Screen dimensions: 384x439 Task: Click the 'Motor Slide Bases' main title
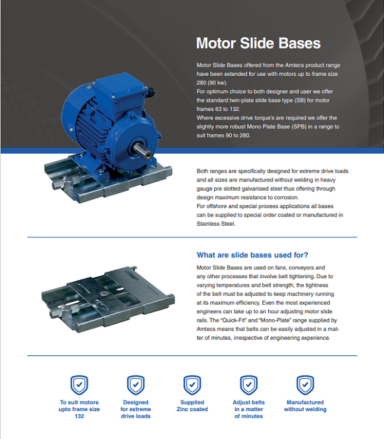tap(258, 43)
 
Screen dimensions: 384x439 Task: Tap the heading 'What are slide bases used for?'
tap(253, 255)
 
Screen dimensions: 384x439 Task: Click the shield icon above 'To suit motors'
tap(79, 385)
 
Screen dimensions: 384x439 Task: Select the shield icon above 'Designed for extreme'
tap(135, 385)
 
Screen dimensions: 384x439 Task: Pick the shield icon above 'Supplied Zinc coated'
tap(192, 385)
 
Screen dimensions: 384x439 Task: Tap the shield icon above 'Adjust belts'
tap(249, 385)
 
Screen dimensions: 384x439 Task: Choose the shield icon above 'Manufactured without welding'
tap(305, 385)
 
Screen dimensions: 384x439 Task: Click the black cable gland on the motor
tap(151, 91)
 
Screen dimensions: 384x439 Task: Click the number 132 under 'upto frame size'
tap(79, 416)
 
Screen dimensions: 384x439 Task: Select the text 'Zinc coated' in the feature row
tap(192, 409)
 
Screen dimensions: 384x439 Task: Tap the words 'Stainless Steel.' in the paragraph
tap(216, 224)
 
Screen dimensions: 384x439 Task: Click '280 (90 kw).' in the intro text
tap(212, 82)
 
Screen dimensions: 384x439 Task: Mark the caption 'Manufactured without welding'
tap(305, 406)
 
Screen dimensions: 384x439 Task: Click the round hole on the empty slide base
tap(104, 293)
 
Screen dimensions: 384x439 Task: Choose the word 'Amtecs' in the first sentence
tap(294, 65)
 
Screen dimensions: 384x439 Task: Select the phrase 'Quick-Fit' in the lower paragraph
tap(234, 320)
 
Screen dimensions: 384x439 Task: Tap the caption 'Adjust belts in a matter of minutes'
tap(249, 409)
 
